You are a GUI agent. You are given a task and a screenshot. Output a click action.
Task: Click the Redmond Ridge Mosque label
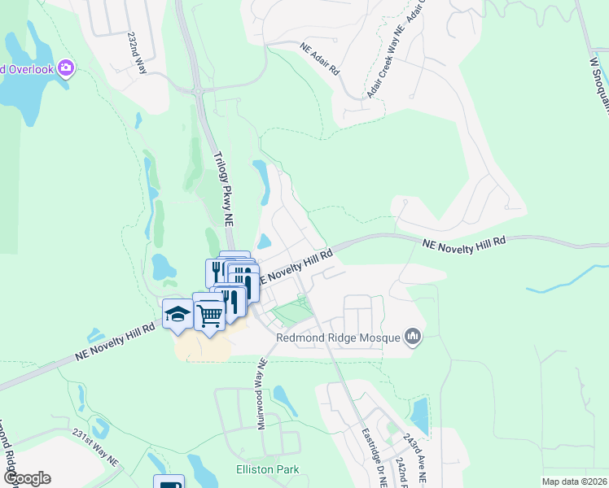tap(349, 338)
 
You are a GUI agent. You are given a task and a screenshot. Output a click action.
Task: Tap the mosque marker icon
tap(413, 336)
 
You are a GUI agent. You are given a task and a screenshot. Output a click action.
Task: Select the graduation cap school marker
tap(177, 315)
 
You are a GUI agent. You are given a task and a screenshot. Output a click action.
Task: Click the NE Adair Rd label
tap(318, 59)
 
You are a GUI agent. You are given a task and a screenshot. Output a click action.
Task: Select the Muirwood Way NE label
tap(262, 394)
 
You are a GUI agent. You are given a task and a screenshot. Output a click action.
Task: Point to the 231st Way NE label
tap(95, 447)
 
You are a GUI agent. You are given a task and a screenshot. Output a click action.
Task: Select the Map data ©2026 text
tap(574, 481)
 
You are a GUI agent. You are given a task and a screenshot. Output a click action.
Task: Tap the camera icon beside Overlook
tap(67, 68)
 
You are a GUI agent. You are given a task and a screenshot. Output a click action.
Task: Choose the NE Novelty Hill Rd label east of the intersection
tap(465, 242)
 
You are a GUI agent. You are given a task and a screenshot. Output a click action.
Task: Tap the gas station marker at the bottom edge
tap(169, 482)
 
